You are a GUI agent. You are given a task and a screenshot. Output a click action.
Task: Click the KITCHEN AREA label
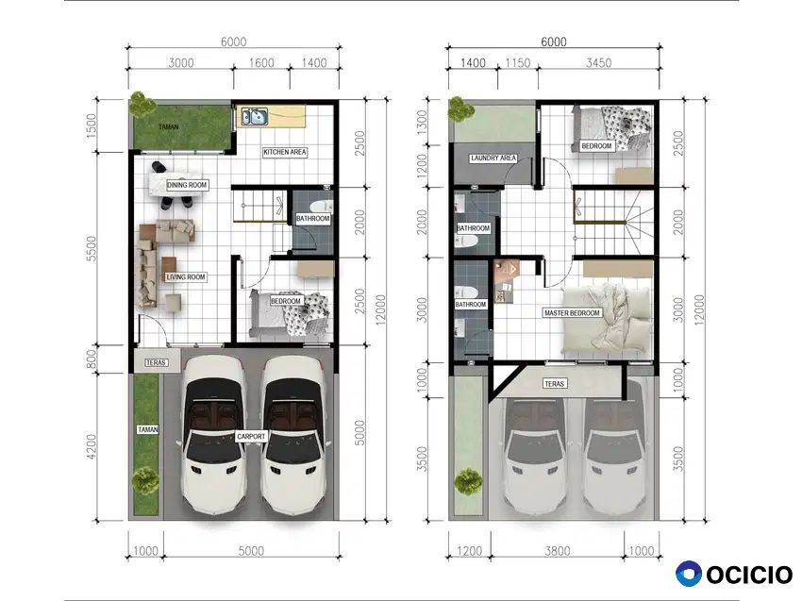(285, 152)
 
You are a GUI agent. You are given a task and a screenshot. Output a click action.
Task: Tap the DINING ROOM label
(187, 185)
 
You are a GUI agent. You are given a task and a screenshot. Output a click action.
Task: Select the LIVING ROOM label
(186, 277)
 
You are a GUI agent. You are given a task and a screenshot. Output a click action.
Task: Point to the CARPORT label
(251, 437)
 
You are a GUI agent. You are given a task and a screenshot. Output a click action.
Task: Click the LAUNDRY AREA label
(493, 159)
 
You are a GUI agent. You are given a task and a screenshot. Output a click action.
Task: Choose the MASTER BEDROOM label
(572, 313)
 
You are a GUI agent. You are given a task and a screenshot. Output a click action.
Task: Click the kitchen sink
(254, 116)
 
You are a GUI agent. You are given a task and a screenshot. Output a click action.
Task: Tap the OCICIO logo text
(749, 575)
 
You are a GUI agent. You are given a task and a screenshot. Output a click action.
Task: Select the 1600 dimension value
(261, 63)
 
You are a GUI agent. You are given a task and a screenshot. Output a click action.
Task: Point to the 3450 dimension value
(598, 63)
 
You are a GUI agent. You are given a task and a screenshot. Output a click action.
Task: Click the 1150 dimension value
(518, 63)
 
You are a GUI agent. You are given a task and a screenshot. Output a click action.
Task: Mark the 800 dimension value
(91, 358)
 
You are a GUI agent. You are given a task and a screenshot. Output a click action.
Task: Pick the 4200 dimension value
(91, 446)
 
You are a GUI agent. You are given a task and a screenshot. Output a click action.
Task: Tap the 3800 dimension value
(557, 551)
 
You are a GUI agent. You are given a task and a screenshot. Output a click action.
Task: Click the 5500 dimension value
(91, 248)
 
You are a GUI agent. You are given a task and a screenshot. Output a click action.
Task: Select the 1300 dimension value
(422, 123)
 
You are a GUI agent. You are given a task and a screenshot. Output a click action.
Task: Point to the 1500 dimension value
(91, 125)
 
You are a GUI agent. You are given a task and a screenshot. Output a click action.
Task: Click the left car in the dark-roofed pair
(213, 435)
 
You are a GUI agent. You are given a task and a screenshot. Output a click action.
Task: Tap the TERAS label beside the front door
(156, 362)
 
